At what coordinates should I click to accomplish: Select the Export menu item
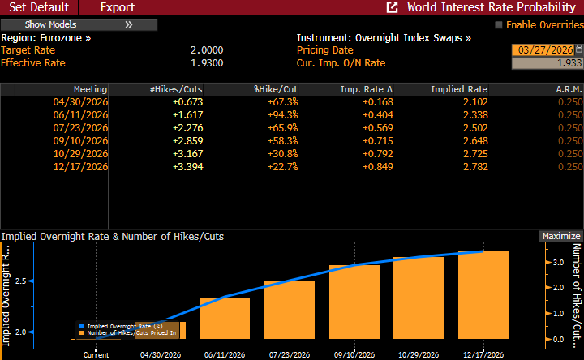click(118, 7)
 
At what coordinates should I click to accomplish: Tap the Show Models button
click(51, 24)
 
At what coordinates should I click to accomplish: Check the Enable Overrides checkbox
click(499, 25)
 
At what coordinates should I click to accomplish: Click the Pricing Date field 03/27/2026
click(547, 50)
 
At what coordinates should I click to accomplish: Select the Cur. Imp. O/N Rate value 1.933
click(547, 63)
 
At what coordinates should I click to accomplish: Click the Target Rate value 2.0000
click(206, 50)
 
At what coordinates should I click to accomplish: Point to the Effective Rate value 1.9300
click(206, 63)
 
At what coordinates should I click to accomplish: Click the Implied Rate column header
click(459, 88)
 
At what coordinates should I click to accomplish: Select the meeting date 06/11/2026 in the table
click(80, 115)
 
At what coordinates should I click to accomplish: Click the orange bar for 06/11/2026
click(225, 318)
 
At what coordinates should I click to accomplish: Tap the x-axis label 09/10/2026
click(354, 354)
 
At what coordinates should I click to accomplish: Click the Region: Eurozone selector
click(46, 38)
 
